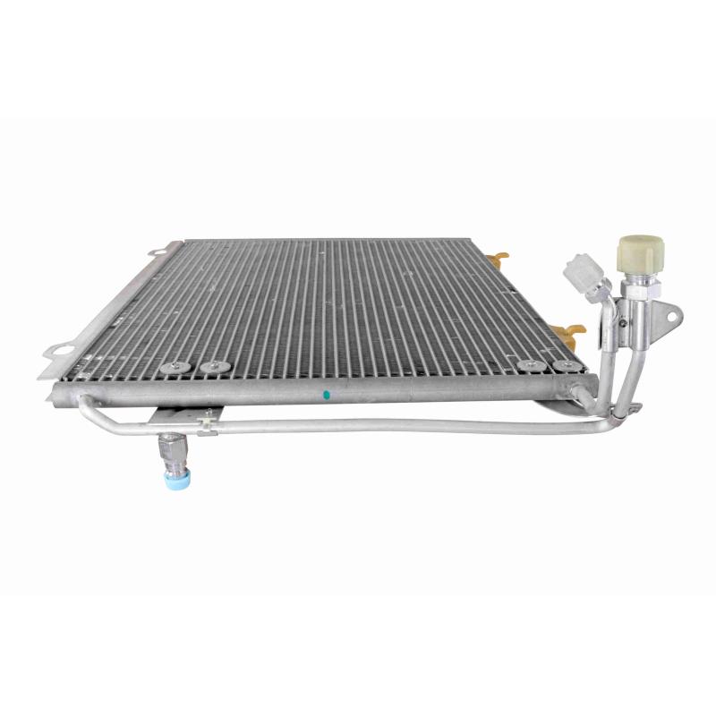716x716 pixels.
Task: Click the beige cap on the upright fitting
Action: (640, 249)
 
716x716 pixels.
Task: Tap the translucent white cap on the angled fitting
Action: (583, 268)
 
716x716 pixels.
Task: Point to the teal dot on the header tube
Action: (327, 394)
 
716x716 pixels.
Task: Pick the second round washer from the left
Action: (214, 367)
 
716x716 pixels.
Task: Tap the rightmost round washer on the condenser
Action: (563, 366)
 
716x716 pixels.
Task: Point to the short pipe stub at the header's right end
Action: (581, 390)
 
